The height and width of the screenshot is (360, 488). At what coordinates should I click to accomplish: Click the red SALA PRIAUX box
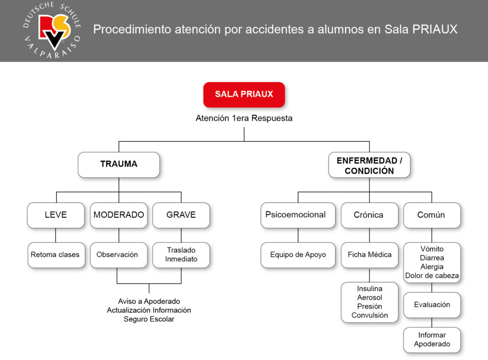pos(244,94)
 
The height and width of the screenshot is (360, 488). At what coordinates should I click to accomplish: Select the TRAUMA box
pos(119,165)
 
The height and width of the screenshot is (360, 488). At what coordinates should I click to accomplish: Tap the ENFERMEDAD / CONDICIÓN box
pos(369,165)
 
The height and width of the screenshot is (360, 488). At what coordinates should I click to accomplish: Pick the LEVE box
pos(56,215)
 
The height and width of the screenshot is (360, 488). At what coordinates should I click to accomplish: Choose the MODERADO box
pos(119,215)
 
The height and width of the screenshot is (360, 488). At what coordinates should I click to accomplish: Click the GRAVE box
pos(181,215)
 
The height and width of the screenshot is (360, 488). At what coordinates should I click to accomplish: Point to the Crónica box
pos(369,215)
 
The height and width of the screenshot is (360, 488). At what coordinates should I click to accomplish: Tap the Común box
pos(431,215)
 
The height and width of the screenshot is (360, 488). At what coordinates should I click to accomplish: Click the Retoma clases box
pos(56,255)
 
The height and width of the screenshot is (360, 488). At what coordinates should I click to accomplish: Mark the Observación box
pos(117,255)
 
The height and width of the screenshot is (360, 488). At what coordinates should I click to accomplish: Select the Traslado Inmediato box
pos(181,255)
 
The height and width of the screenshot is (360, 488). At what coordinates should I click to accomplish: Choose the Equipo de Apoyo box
pos(298,255)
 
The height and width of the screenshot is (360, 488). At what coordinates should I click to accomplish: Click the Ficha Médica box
pos(369,255)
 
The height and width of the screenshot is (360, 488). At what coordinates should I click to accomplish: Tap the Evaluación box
pos(432,305)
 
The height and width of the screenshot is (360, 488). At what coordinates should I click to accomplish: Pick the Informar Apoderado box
pos(432,339)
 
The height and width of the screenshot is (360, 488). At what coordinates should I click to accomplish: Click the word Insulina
pos(370,288)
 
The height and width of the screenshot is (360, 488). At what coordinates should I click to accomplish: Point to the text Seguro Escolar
pos(149,319)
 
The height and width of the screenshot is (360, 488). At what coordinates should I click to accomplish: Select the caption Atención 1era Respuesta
pos(244,118)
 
